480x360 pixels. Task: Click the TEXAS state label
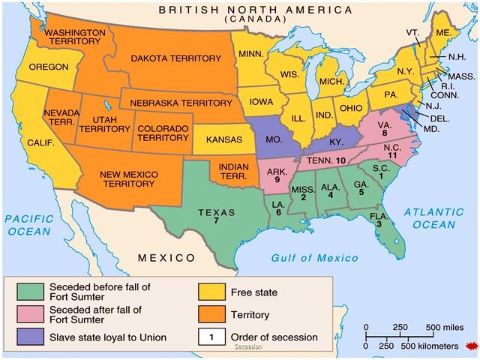[216, 211]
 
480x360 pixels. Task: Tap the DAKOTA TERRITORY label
[176, 58]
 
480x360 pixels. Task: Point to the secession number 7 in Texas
[216, 221]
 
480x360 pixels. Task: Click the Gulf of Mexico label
[314, 257]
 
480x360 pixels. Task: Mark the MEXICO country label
[166, 258]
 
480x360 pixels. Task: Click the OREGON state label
[48, 67]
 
